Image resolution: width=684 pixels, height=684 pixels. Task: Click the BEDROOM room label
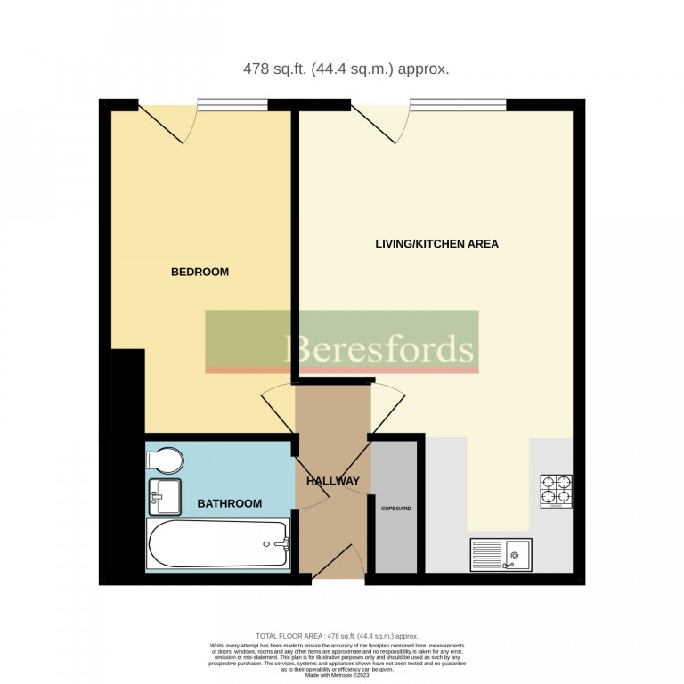[199, 272]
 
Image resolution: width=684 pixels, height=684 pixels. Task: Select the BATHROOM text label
[230, 503]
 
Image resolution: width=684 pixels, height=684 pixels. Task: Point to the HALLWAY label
[333, 481]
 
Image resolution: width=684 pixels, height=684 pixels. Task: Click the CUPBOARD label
[396, 509]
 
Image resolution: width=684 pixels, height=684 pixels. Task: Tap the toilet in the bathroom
[165, 460]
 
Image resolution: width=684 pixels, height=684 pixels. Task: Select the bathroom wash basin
[164, 495]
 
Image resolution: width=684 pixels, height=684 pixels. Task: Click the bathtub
[218, 544]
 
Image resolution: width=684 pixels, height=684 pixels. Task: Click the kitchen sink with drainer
[501, 554]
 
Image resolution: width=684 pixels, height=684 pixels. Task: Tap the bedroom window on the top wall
[232, 106]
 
